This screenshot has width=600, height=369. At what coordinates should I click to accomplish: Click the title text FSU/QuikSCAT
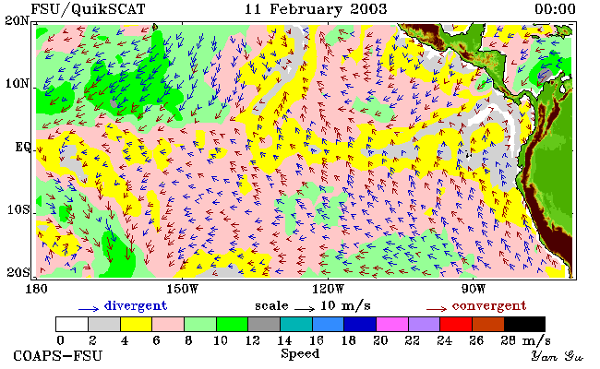point(88,9)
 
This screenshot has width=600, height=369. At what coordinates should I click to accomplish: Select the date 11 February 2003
point(316,9)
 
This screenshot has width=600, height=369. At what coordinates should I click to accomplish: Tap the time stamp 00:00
point(555,9)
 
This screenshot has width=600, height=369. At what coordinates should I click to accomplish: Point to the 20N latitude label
point(17,20)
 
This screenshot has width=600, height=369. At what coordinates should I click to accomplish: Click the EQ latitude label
point(22,147)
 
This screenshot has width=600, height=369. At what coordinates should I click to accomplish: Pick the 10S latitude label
point(18,209)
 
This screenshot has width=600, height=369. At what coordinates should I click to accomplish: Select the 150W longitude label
point(182,289)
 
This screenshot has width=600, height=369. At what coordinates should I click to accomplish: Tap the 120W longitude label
point(328,289)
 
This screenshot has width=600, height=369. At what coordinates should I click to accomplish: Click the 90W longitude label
point(473,289)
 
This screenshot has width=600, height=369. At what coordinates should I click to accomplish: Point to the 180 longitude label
point(36,289)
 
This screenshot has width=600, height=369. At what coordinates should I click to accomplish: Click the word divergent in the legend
point(136,306)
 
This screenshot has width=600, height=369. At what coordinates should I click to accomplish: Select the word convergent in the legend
point(489,306)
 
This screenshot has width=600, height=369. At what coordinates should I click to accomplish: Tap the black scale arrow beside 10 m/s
point(305,308)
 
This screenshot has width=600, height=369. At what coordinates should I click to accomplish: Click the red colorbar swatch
point(456,324)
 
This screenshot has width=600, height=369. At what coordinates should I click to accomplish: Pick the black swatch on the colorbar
point(524,324)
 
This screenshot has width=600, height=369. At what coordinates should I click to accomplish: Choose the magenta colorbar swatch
point(392,324)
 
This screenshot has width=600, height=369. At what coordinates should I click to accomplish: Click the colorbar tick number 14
point(284,340)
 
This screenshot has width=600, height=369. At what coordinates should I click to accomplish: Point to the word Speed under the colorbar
point(300,353)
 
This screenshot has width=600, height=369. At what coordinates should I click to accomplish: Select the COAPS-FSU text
point(58,356)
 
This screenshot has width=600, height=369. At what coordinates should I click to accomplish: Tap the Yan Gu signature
point(557,356)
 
